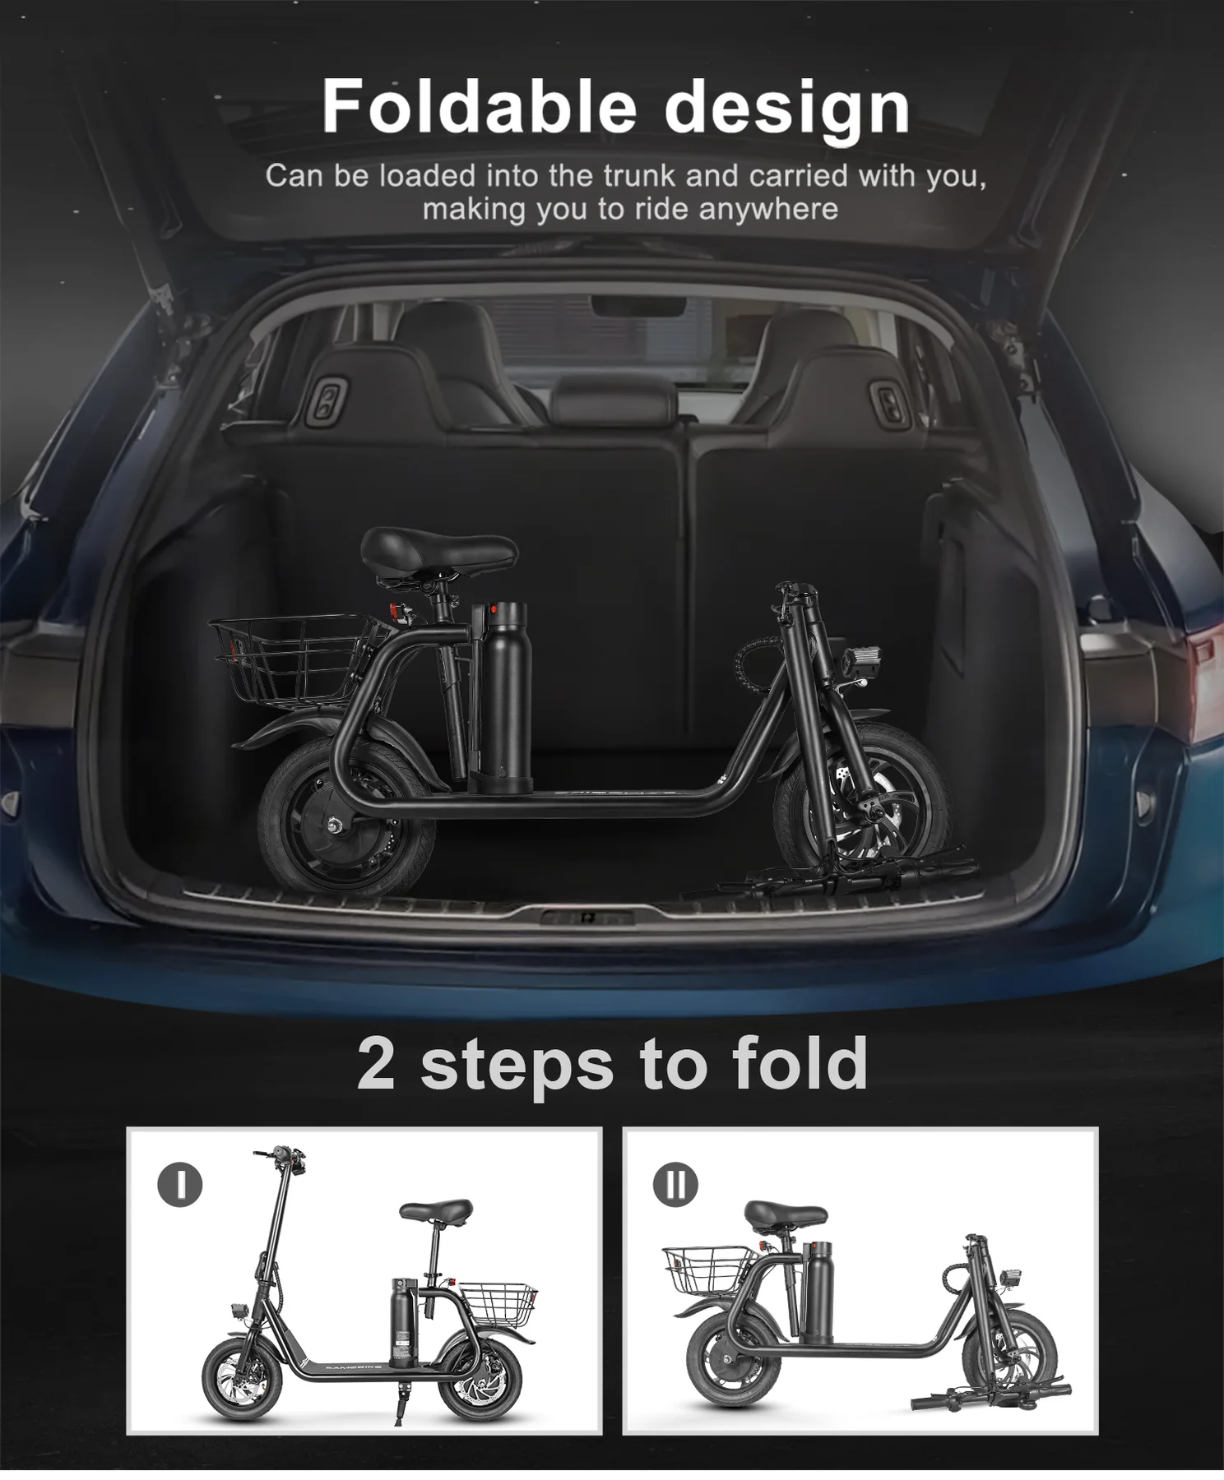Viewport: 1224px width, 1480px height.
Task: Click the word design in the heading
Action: (786, 109)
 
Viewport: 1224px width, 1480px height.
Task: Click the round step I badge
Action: (179, 1185)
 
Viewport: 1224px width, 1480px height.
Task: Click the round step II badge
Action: (675, 1185)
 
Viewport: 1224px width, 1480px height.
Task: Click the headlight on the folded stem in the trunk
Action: (860, 662)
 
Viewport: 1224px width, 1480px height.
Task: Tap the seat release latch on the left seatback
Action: (327, 402)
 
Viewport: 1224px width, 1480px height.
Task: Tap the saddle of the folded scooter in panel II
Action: (786, 1214)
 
